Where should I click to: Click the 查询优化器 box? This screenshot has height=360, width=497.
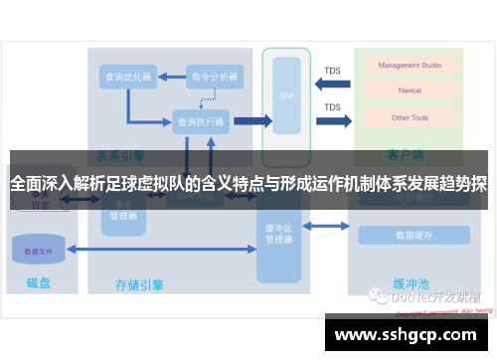coord(127,77)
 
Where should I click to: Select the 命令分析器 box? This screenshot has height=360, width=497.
coord(215,77)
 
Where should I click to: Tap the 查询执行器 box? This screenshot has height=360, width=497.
coord(201,122)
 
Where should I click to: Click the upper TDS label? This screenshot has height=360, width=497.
coord(332,70)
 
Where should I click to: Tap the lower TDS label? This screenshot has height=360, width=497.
coord(332,106)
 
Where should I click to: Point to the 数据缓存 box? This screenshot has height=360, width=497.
coord(414,236)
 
